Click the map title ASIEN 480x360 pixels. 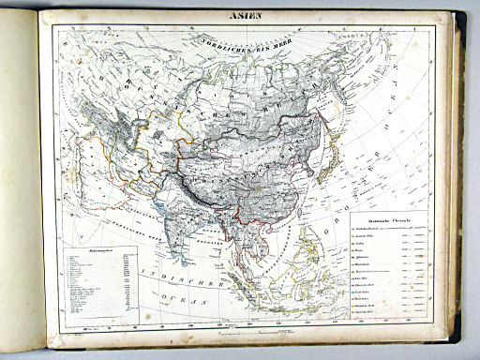[240, 16]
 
